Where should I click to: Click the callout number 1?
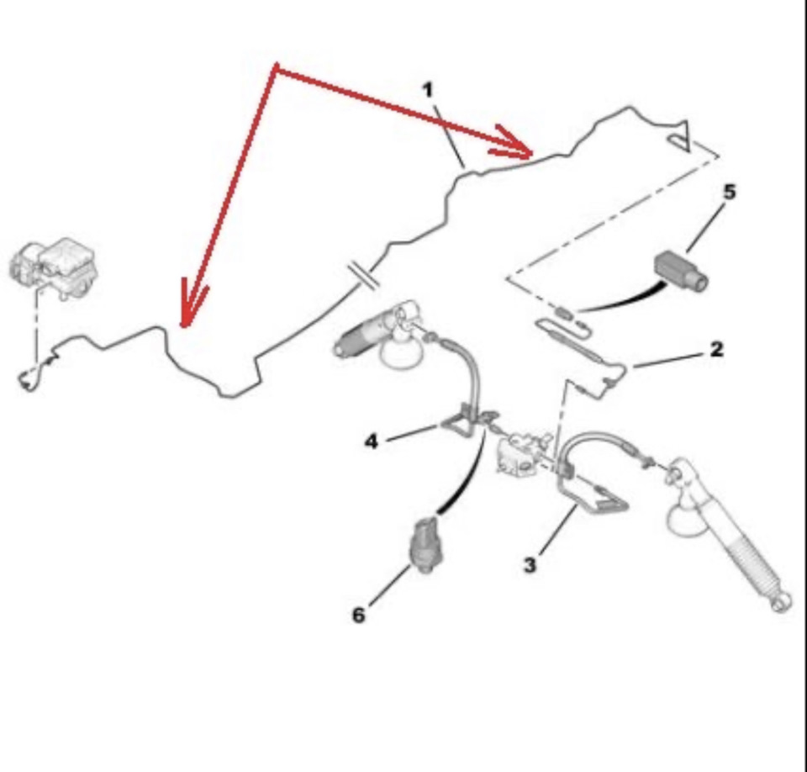tap(428, 91)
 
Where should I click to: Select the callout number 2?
tap(716, 350)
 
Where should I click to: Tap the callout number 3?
tap(530, 565)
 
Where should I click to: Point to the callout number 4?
tap(371, 442)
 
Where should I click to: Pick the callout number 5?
tap(730, 192)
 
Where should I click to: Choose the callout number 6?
tap(358, 615)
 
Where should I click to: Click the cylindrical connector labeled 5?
tap(681, 271)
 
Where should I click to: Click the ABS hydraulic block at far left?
tap(54, 267)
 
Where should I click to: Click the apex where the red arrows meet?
tap(277, 67)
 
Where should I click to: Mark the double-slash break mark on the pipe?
tap(363, 277)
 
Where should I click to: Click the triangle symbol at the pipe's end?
tap(680, 136)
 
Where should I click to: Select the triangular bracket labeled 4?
tap(463, 421)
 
